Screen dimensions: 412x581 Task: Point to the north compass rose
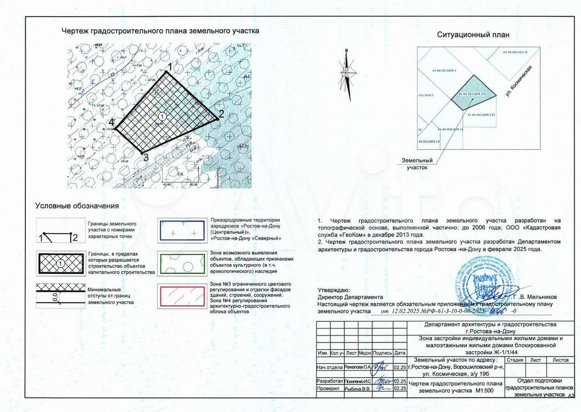coord(348,72)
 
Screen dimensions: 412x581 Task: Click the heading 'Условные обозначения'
coord(77,205)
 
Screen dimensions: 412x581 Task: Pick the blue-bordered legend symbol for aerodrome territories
coord(181,230)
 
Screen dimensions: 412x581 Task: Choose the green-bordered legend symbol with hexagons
coord(181,263)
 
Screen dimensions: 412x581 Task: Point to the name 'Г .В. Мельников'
coord(535,296)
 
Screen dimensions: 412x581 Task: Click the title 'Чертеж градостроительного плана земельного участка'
coord(160,31)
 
